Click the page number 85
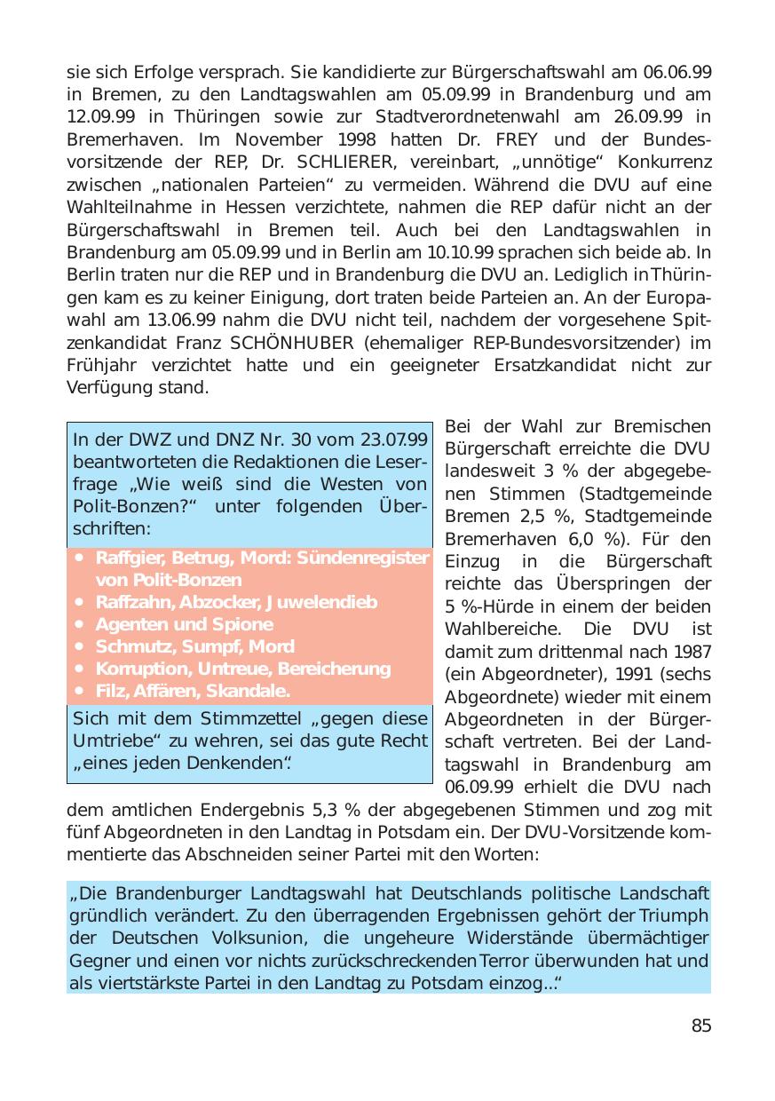(701, 1026)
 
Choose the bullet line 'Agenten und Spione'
(184, 624)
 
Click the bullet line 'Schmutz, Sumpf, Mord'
(194, 646)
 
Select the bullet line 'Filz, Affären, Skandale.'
(193, 691)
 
